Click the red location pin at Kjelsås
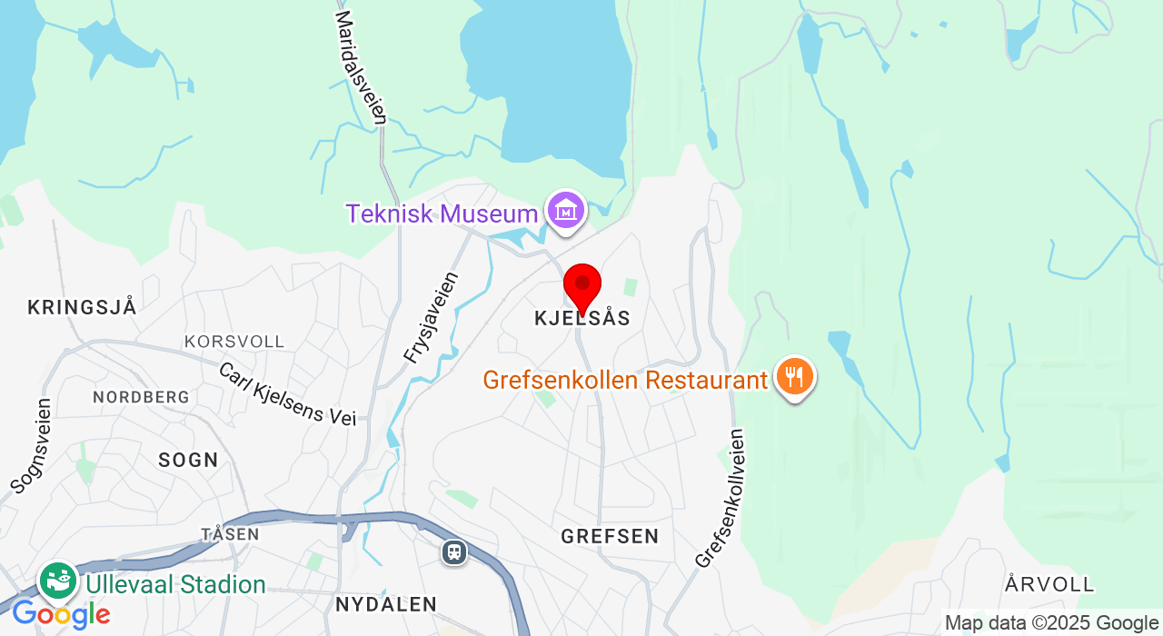(582, 285)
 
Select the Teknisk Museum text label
(442, 214)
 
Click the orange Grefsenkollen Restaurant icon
(795, 377)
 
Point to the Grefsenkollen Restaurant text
(625, 380)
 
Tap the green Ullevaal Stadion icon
(58, 581)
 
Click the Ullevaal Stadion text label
(175, 584)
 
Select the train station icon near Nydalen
(454, 552)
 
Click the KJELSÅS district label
(581, 318)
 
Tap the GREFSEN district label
(610, 536)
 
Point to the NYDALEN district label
(386, 604)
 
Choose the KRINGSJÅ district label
(82, 307)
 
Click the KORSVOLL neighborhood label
(234, 342)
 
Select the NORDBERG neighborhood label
(141, 397)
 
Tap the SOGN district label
(188, 460)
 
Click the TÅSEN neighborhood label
(230, 534)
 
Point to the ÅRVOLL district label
(1050, 584)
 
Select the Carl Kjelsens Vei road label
(287, 393)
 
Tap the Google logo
(61, 615)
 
